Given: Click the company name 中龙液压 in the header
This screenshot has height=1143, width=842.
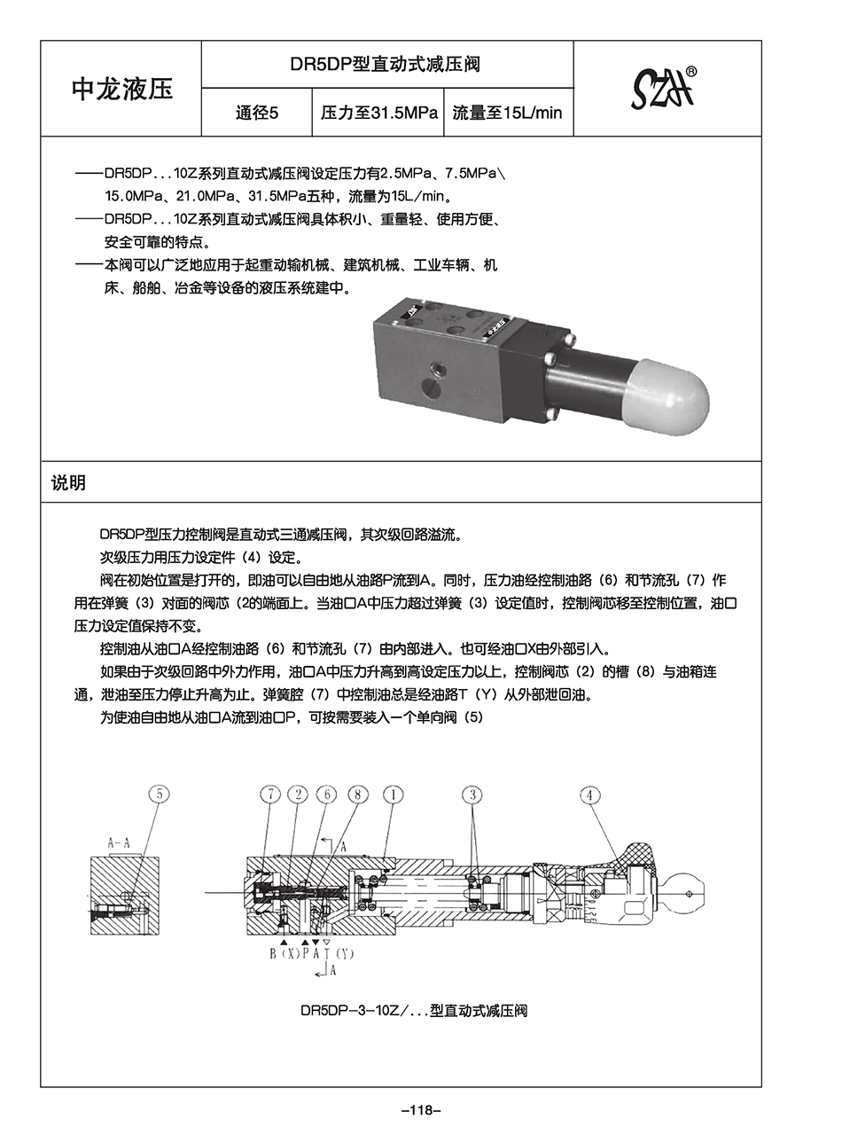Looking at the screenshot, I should click(x=122, y=90).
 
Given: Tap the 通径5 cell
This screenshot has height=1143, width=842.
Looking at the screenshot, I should click(x=257, y=113).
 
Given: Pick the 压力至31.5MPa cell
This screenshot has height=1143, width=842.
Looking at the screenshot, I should click(x=378, y=113).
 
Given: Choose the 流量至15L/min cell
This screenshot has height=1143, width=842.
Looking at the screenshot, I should click(x=507, y=113).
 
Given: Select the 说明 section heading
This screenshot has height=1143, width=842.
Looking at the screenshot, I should click(x=68, y=483).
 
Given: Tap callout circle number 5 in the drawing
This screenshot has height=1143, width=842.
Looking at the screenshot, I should click(x=159, y=794).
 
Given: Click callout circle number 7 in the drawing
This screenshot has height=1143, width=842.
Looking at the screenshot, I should click(x=271, y=794).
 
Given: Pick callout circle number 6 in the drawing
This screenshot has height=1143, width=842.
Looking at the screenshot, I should click(x=327, y=794).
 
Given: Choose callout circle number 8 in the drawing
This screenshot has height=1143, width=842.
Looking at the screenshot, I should click(x=356, y=794).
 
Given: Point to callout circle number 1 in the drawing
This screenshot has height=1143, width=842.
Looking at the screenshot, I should click(x=393, y=794).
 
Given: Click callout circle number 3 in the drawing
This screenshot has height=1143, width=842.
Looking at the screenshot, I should click(x=473, y=794).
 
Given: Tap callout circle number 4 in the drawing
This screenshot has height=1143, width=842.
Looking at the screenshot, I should click(x=590, y=795).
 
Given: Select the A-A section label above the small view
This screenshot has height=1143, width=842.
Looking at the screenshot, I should click(x=119, y=843).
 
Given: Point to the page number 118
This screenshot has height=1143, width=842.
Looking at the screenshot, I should click(x=421, y=1110).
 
